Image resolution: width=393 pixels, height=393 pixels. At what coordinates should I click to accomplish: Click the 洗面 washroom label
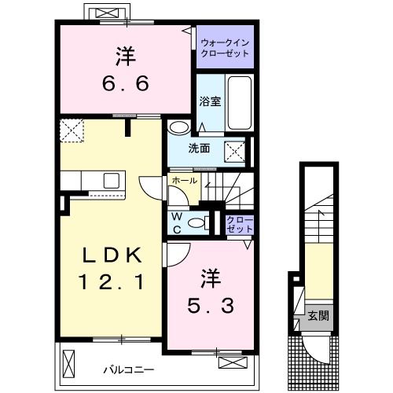(x=198, y=148)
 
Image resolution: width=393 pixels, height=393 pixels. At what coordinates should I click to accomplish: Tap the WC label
(x=178, y=222)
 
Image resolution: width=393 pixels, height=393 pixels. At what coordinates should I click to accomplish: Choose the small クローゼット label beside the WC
(x=240, y=222)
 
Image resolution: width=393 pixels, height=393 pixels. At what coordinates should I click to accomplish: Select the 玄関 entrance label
(x=318, y=316)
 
